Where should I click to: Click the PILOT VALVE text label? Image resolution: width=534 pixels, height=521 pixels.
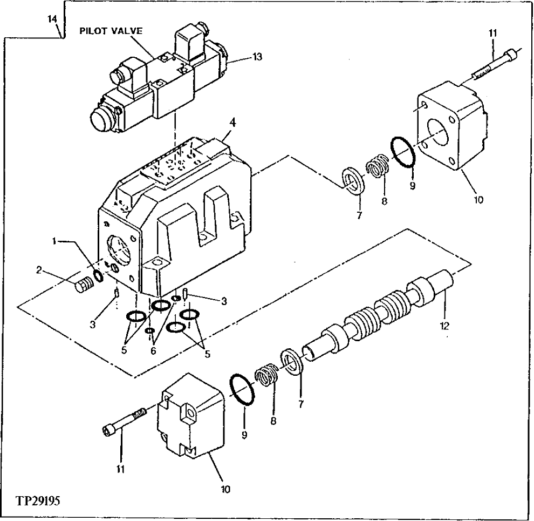point(111,31)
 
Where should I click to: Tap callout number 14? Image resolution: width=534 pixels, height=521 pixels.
point(52,19)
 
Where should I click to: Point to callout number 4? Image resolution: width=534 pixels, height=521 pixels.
point(231,122)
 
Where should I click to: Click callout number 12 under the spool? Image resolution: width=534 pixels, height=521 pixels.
point(444,326)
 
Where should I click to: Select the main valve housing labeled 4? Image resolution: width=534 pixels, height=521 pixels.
point(178,216)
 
